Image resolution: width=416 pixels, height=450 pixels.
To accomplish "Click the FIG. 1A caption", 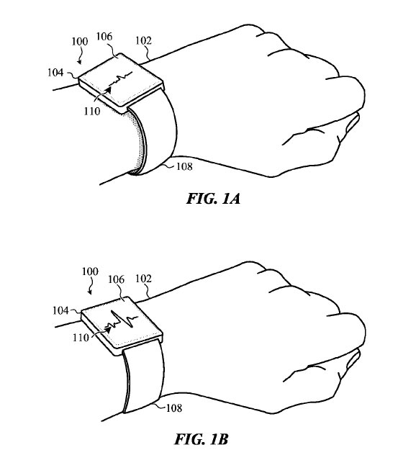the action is pyautogui.click(x=213, y=199).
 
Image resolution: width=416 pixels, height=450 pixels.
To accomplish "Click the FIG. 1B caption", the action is pyautogui.click(x=202, y=439).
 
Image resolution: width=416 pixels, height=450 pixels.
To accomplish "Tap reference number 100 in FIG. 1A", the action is pyautogui.click(x=79, y=42).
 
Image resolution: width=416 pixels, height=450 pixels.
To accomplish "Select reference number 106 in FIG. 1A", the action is pyautogui.click(x=104, y=37).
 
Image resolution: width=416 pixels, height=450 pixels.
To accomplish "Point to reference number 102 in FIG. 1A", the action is pyautogui.click(x=143, y=41).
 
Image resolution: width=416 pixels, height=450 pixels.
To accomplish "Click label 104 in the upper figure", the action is pyautogui.click(x=55, y=72).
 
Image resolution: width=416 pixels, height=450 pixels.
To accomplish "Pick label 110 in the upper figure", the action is pyautogui.click(x=92, y=111).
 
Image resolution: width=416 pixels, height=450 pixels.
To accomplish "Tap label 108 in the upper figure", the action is pyautogui.click(x=184, y=166).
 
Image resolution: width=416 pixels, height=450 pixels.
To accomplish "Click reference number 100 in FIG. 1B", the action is pyautogui.click(x=90, y=271).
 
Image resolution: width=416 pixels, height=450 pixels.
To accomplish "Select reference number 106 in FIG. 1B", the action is pyautogui.click(x=116, y=279).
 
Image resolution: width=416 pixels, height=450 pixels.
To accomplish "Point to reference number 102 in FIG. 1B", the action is pyautogui.click(x=143, y=279).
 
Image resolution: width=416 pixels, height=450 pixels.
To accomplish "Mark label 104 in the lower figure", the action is pyautogui.click(x=60, y=310).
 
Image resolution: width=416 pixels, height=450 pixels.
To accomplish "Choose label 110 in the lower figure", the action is pyautogui.click(x=81, y=338).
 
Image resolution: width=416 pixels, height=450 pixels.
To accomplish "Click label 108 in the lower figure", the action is pyautogui.click(x=174, y=408).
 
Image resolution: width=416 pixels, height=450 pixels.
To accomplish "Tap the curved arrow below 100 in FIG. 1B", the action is pyautogui.click(x=92, y=286).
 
